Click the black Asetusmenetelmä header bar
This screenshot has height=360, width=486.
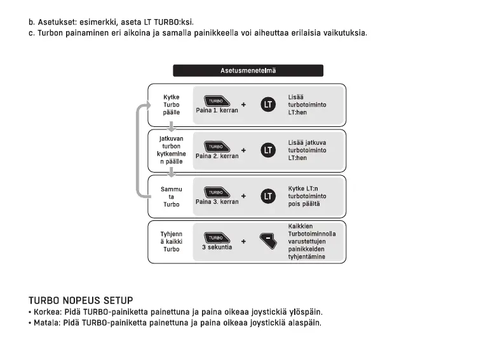(248, 70)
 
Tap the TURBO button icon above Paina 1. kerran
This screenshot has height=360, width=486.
(215, 101)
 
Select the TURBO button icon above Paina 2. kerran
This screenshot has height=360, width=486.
(215, 147)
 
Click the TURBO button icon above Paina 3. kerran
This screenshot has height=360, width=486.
(215, 192)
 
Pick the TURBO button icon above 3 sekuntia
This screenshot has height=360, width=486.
(215, 238)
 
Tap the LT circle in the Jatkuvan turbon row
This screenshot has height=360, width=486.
(269, 150)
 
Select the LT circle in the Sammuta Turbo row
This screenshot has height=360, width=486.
(269, 196)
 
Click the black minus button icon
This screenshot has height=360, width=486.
(269, 241)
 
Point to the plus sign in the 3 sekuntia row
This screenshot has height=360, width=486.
(243, 242)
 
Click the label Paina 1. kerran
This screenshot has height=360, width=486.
(217, 110)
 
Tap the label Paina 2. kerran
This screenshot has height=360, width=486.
(217, 156)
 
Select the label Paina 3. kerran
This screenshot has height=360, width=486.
(217, 202)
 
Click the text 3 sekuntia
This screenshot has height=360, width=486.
(217, 248)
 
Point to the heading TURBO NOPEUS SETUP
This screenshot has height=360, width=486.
(81, 300)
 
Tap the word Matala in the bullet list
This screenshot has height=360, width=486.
(45, 323)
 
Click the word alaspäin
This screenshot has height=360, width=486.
(304, 323)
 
